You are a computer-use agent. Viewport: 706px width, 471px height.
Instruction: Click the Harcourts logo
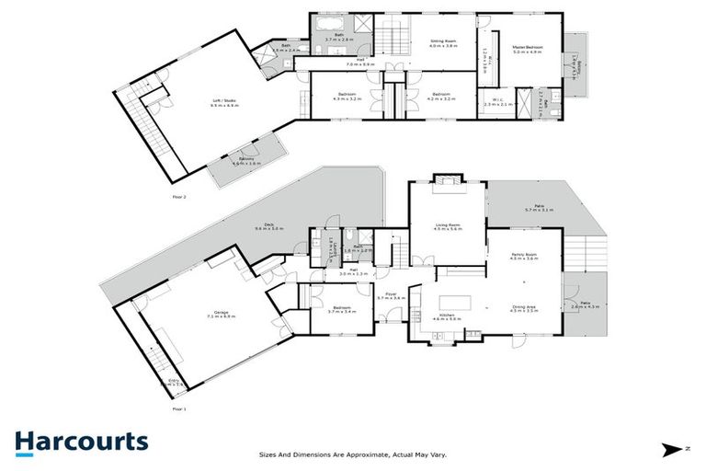pyautogui.click(x=81, y=442)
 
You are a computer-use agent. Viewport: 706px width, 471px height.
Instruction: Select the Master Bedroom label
pyautogui.click(x=528, y=50)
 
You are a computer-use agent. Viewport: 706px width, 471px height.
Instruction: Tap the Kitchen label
pyautogui.click(x=449, y=316)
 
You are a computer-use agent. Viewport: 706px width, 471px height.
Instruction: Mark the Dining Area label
pyautogui.click(x=523, y=309)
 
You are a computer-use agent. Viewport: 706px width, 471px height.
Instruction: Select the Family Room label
pyautogui.click(x=523, y=258)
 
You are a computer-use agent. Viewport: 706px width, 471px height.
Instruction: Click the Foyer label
pyautogui.click(x=391, y=296)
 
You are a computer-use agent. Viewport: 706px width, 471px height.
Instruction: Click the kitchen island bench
pyautogui.click(x=454, y=302)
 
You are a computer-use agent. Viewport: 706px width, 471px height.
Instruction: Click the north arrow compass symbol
pyautogui.click(x=675, y=449)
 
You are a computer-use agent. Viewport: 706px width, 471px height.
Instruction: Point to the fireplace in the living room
pyautogui.click(x=446, y=181)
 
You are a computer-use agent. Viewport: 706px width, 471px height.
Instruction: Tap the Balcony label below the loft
pyautogui.click(x=246, y=161)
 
